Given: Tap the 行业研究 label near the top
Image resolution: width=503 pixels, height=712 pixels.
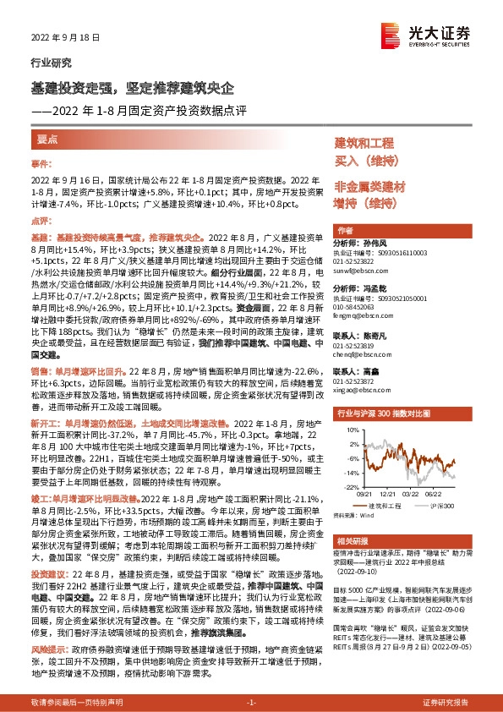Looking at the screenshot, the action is coord(47,63).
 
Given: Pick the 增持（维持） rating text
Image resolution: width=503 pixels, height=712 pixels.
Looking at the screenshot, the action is coord(364,203).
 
